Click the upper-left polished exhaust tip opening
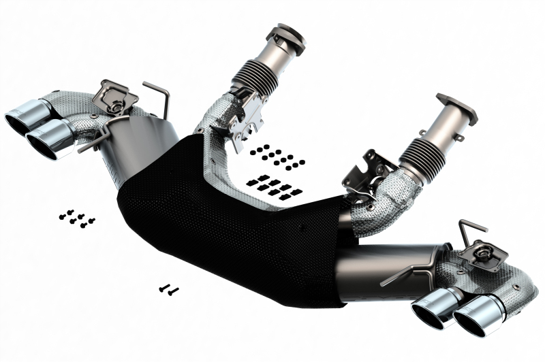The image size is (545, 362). click(x=22, y=117)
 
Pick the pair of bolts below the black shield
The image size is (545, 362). click(x=168, y=289)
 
